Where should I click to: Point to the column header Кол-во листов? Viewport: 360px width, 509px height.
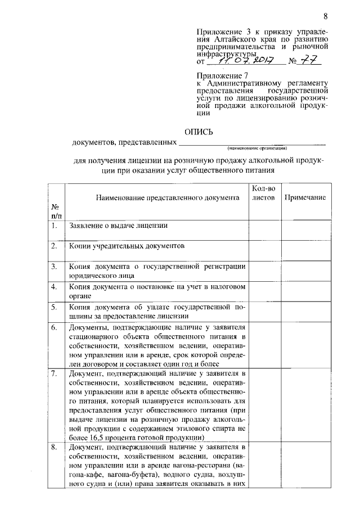tap(263, 193)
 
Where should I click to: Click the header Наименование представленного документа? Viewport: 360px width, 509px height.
tap(156, 198)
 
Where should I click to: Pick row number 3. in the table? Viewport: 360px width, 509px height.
tap(55, 266)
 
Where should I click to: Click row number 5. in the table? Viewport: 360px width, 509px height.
tap(55, 307)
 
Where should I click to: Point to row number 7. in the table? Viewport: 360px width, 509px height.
tap(55, 373)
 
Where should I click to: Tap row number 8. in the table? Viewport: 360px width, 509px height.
tap(55, 447)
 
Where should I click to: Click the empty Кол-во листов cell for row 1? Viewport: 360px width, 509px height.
tap(264, 230)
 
